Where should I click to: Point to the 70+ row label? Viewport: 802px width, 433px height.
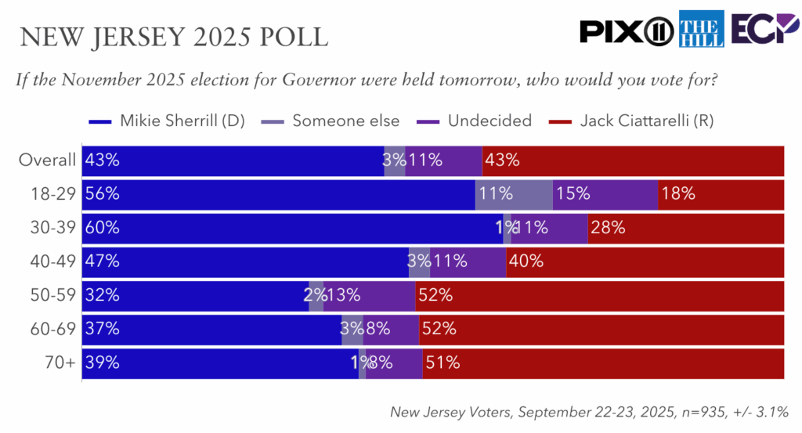pos(61,363)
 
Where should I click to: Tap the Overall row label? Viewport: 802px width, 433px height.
pos(47,161)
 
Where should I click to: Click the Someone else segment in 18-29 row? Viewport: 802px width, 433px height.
pos(515,194)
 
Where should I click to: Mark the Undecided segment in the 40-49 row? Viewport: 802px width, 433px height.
pos(468,262)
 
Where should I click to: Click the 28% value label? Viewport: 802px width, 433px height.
pos(608,228)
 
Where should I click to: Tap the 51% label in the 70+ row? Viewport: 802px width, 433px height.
pos(443,363)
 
